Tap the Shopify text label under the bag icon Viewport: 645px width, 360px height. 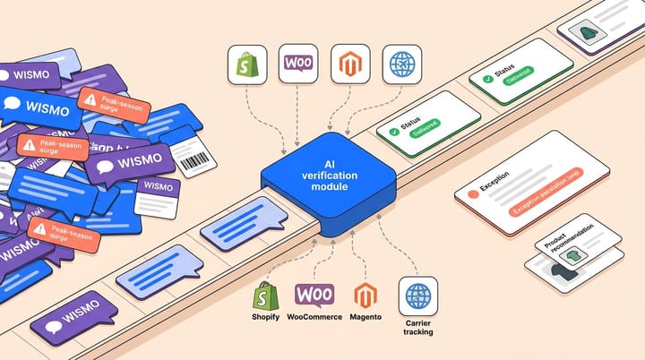[266, 316]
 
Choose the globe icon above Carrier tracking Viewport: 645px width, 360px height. [417, 295]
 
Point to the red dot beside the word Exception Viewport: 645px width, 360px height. [471, 192]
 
